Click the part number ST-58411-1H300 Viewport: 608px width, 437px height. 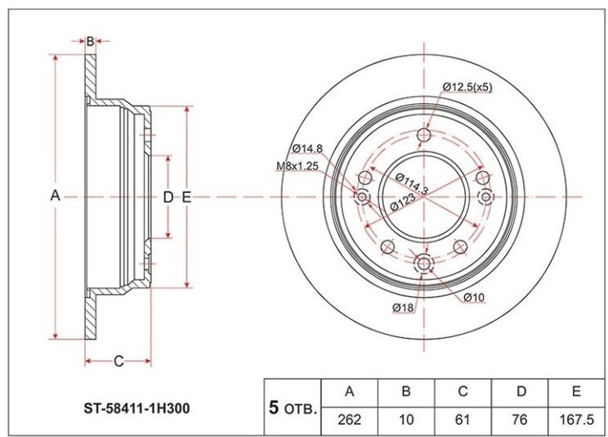137,408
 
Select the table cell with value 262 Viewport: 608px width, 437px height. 350,421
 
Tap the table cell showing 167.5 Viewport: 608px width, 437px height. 578,421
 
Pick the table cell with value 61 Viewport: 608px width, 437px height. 463,421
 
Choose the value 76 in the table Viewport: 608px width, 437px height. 520,421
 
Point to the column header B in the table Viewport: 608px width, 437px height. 406,392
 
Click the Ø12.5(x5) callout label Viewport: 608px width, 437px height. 467,87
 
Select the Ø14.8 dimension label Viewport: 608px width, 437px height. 307,148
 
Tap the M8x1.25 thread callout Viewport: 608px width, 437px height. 297,166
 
